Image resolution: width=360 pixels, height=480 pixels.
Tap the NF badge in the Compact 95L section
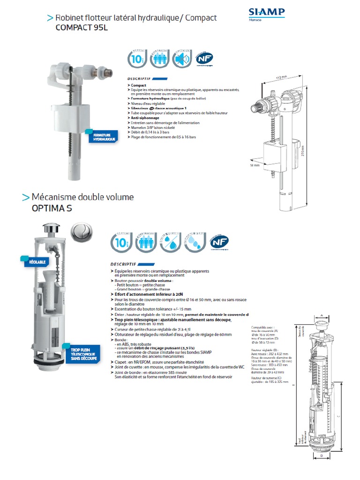pyautogui.click(x=202, y=59)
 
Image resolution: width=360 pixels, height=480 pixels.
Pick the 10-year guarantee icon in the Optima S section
pyautogui.click(x=121, y=241)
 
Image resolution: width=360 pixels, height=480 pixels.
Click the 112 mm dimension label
pyautogui.click(x=280, y=77)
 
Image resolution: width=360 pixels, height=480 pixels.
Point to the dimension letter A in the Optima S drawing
pyautogui.click(x=322, y=315)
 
